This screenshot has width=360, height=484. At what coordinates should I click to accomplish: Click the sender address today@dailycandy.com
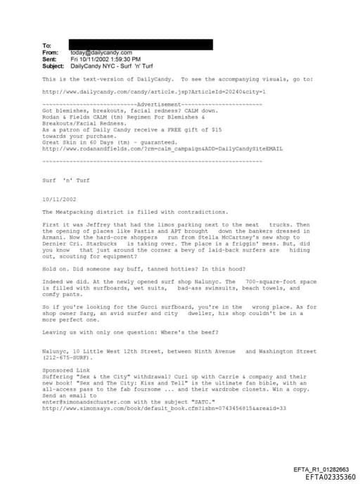[x=101, y=52]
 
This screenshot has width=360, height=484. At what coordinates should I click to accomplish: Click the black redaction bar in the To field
[x=141, y=45]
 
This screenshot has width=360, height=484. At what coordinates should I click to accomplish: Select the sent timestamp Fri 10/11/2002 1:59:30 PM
[x=105, y=59]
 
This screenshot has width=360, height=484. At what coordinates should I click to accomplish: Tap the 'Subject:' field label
[x=53, y=65]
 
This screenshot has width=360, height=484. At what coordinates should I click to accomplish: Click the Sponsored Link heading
[x=64, y=370]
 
